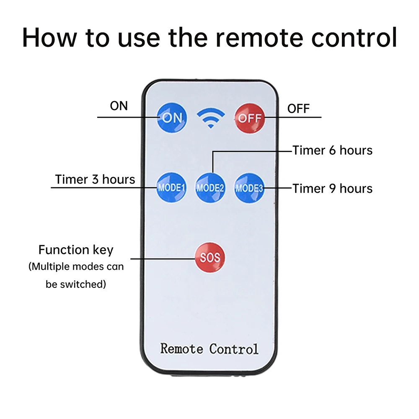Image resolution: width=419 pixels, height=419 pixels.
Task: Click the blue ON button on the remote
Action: coord(171,118)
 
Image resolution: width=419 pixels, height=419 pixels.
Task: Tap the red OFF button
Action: coord(249,118)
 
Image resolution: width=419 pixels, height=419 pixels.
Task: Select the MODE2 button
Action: coord(210,188)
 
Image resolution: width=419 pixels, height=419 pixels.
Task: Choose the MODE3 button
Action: coord(249,188)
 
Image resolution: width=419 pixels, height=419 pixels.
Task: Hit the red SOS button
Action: coord(209,257)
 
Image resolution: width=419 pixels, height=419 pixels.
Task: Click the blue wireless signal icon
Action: coord(210,118)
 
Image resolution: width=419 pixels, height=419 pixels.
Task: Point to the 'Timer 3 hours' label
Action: coord(95,179)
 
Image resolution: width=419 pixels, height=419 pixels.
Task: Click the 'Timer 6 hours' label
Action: coord(332,150)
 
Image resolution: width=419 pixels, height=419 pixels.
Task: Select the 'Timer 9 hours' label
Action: coord(332,188)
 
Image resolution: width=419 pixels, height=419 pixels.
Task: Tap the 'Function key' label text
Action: coord(76,250)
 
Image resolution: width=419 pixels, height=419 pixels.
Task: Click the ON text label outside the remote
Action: coord(119,106)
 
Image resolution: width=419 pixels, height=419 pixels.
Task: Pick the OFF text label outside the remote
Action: coord(298,109)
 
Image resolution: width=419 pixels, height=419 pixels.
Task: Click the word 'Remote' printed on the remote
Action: coord(182,348)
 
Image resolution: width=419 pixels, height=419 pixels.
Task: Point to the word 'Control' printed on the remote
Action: coord(234,348)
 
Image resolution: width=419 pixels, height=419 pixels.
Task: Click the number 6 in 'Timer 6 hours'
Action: coord(332,150)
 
